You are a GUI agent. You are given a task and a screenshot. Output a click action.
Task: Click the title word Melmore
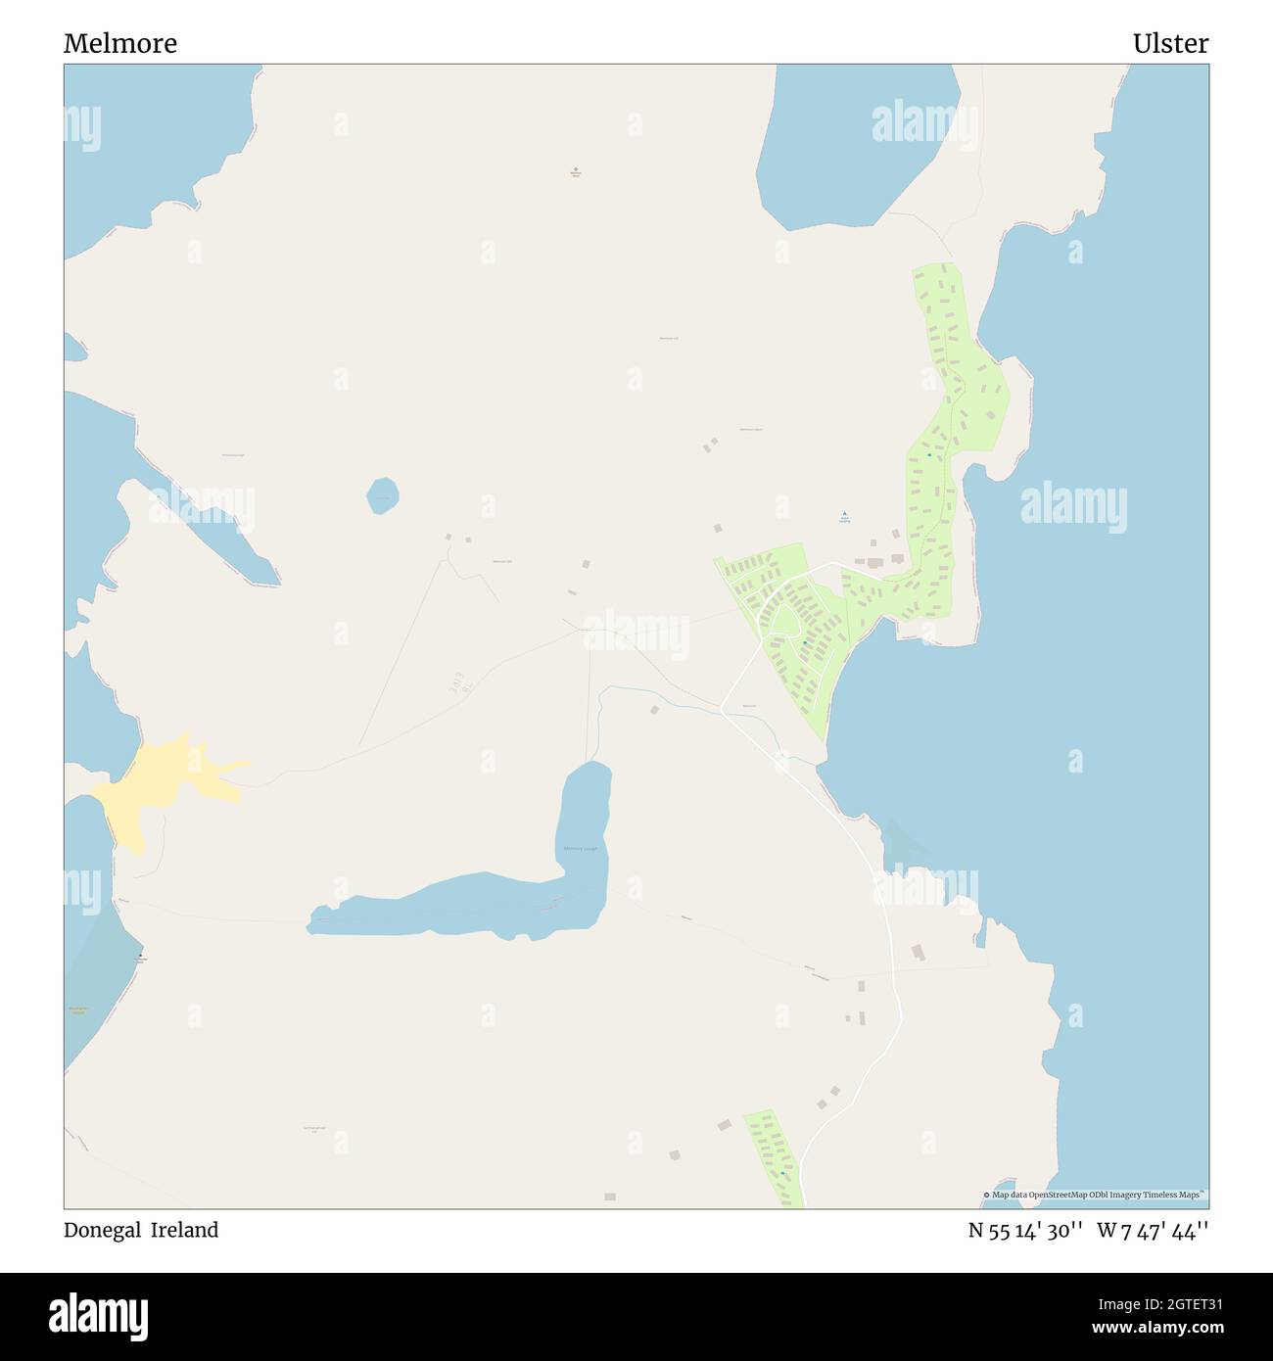click(120, 44)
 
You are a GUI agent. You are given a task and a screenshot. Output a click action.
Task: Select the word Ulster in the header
click(1170, 44)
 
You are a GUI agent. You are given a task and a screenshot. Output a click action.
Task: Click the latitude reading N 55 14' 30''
click(1024, 1230)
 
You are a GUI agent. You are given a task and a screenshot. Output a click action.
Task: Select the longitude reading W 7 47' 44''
click(1153, 1230)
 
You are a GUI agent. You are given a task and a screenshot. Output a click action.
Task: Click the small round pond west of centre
click(383, 495)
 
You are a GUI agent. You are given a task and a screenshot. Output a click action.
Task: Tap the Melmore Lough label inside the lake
click(580, 848)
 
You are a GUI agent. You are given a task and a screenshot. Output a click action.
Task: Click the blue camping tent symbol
click(844, 513)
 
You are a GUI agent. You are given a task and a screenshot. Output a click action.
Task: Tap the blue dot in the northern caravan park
click(929, 454)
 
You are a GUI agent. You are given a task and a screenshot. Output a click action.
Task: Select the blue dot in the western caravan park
click(805, 642)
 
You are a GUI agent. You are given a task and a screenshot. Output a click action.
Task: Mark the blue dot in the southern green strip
click(782, 1173)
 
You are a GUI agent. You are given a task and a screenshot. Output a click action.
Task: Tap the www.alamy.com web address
click(1158, 1329)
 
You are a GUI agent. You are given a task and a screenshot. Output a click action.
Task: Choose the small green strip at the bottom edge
click(775, 1155)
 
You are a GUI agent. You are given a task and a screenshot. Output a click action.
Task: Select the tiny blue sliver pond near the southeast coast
click(978, 935)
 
